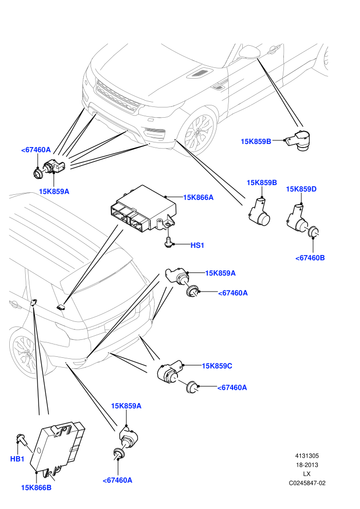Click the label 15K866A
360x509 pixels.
(x=199, y=197)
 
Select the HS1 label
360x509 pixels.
(x=197, y=245)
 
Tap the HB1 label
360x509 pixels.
(x=17, y=459)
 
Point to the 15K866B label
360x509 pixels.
(x=36, y=487)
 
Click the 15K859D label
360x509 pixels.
(x=301, y=189)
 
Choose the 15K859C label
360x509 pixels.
(x=217, y=366)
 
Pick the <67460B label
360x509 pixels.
(x=310, y=258)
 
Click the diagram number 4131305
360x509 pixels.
(x=307, y=456)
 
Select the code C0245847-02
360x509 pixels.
(x=307, y=483)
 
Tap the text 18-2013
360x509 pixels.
(x=307, y=465)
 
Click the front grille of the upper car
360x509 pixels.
(x=117, y=97)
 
